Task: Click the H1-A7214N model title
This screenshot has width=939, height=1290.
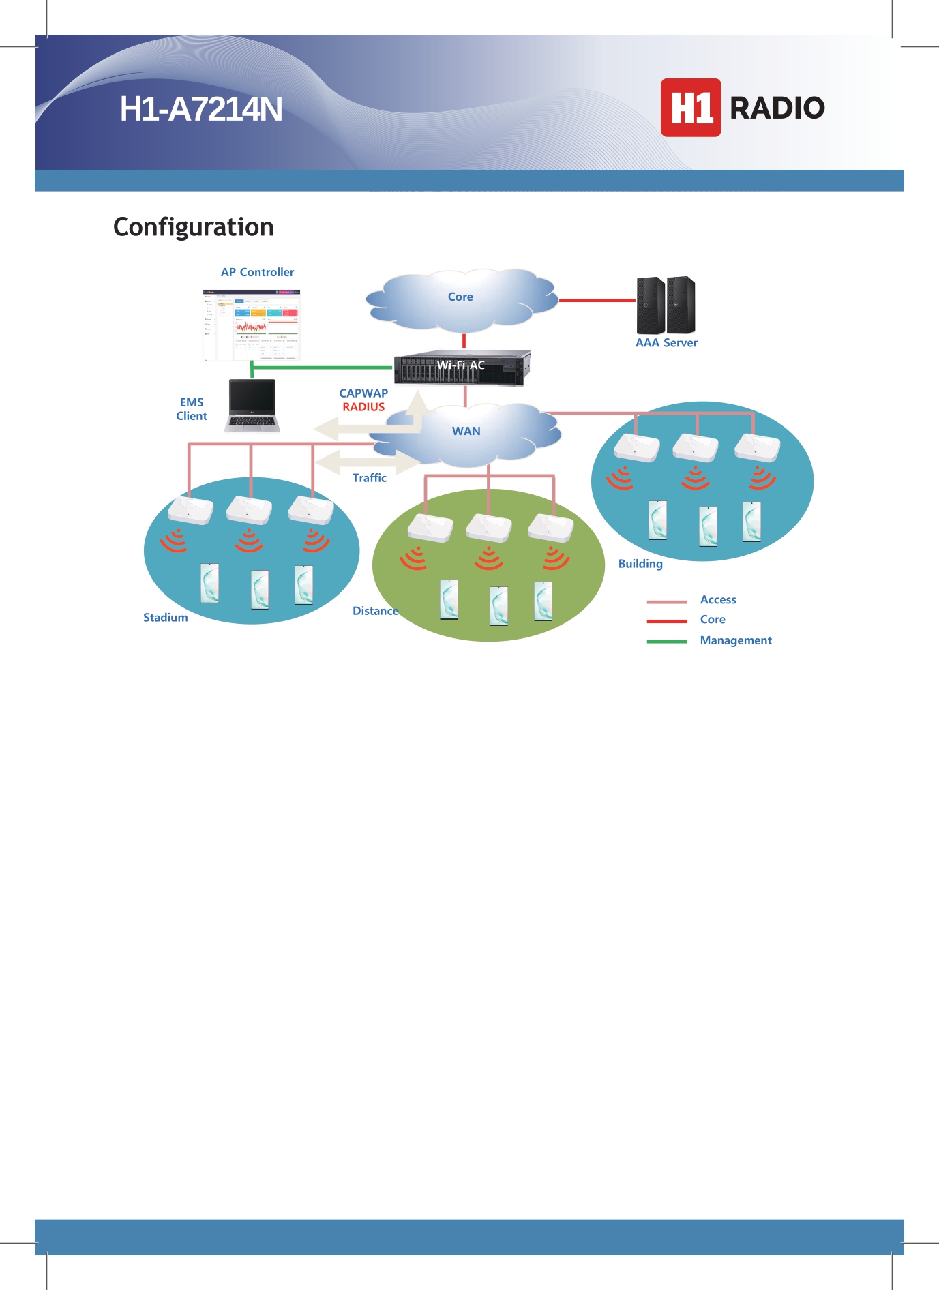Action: pos(201,109)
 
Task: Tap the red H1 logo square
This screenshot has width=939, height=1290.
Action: pos(690,108)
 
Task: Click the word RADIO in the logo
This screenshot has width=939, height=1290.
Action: pos(777,108)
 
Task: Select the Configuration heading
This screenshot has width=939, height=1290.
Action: pos(194,227)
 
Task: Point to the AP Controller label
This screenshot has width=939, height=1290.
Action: pos(257,272)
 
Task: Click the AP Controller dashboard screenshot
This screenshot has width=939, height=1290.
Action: pos(252,325)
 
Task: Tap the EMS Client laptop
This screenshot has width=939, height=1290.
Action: pos(252,406)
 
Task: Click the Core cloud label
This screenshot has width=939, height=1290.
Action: pos(460,297)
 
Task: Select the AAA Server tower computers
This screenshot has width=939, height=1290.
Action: pos(666,305)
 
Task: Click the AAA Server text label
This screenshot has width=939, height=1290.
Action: pos(666,343)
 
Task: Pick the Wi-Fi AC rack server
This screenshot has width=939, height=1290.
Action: pos(462,367)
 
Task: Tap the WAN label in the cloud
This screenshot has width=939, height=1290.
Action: pos(466,431)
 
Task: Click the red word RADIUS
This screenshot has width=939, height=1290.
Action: pos(363,407)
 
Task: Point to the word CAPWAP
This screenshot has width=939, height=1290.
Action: pos(363,393)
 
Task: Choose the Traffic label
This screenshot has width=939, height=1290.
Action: pos(369,478)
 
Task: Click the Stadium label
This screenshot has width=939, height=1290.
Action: pos(165,618)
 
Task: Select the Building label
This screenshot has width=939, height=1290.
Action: pos(640,564)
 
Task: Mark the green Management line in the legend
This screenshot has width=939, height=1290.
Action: pos(666,642)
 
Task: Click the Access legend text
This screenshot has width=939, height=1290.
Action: pos(718,600)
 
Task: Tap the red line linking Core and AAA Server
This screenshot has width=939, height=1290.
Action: pos(597,300)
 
